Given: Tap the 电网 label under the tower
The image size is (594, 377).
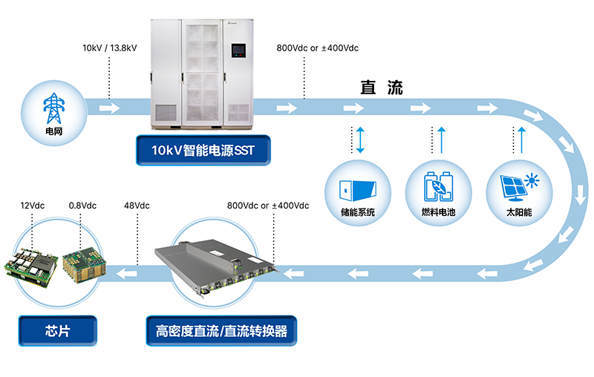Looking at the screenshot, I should pyautogui.click(x=53, y=132).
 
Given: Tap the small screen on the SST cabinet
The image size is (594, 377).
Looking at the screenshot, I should pyautogui.click(x=238, y=51).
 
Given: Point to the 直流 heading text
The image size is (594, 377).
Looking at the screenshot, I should pyautogui.click(x=382, y=88).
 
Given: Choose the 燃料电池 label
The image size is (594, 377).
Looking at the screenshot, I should pyautogui.click(x=437, y=212).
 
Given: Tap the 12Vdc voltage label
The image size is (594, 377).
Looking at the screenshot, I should pyautogui.click(x=33, y=206).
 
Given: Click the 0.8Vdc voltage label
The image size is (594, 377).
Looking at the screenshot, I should pyautogui.click(x=82, y=206).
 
